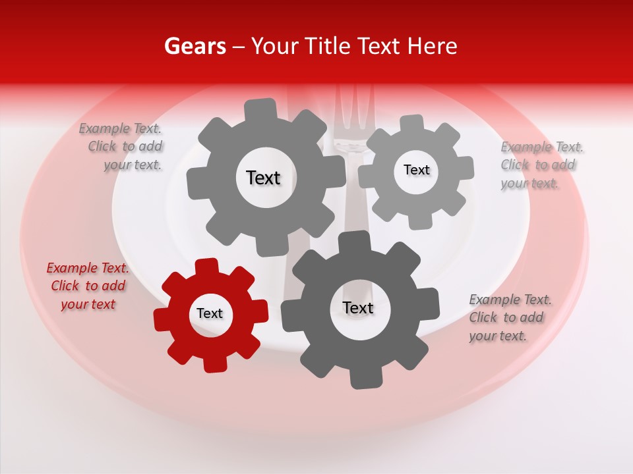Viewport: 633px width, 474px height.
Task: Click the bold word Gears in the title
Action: [195, 46]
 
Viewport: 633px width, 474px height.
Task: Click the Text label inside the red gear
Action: [210, 313]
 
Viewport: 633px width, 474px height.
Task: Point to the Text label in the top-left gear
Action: [263, 178]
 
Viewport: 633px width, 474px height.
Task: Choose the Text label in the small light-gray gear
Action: [416, 170]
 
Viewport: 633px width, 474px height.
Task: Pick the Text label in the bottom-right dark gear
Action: [357, 307]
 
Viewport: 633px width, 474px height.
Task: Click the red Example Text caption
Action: [87, 286]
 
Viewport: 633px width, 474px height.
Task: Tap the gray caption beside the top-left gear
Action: [123, 147]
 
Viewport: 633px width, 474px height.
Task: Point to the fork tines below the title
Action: [354, 112]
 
